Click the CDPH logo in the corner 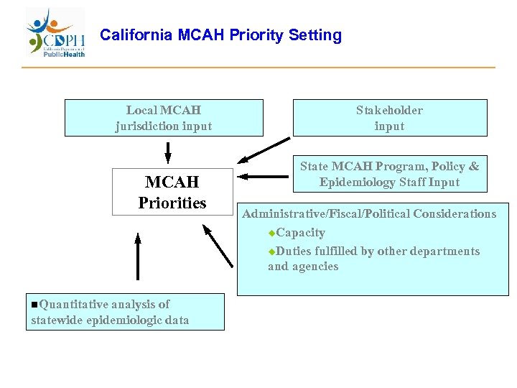coord(56,33)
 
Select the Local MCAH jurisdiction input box coord(164,118)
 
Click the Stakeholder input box coord(389,118)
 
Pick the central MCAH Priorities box coord(172,192)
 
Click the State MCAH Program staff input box coord(389,174)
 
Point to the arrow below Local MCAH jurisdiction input coord(168,152)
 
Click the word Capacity coord(300,233)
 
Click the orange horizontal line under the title coord(258,68)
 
